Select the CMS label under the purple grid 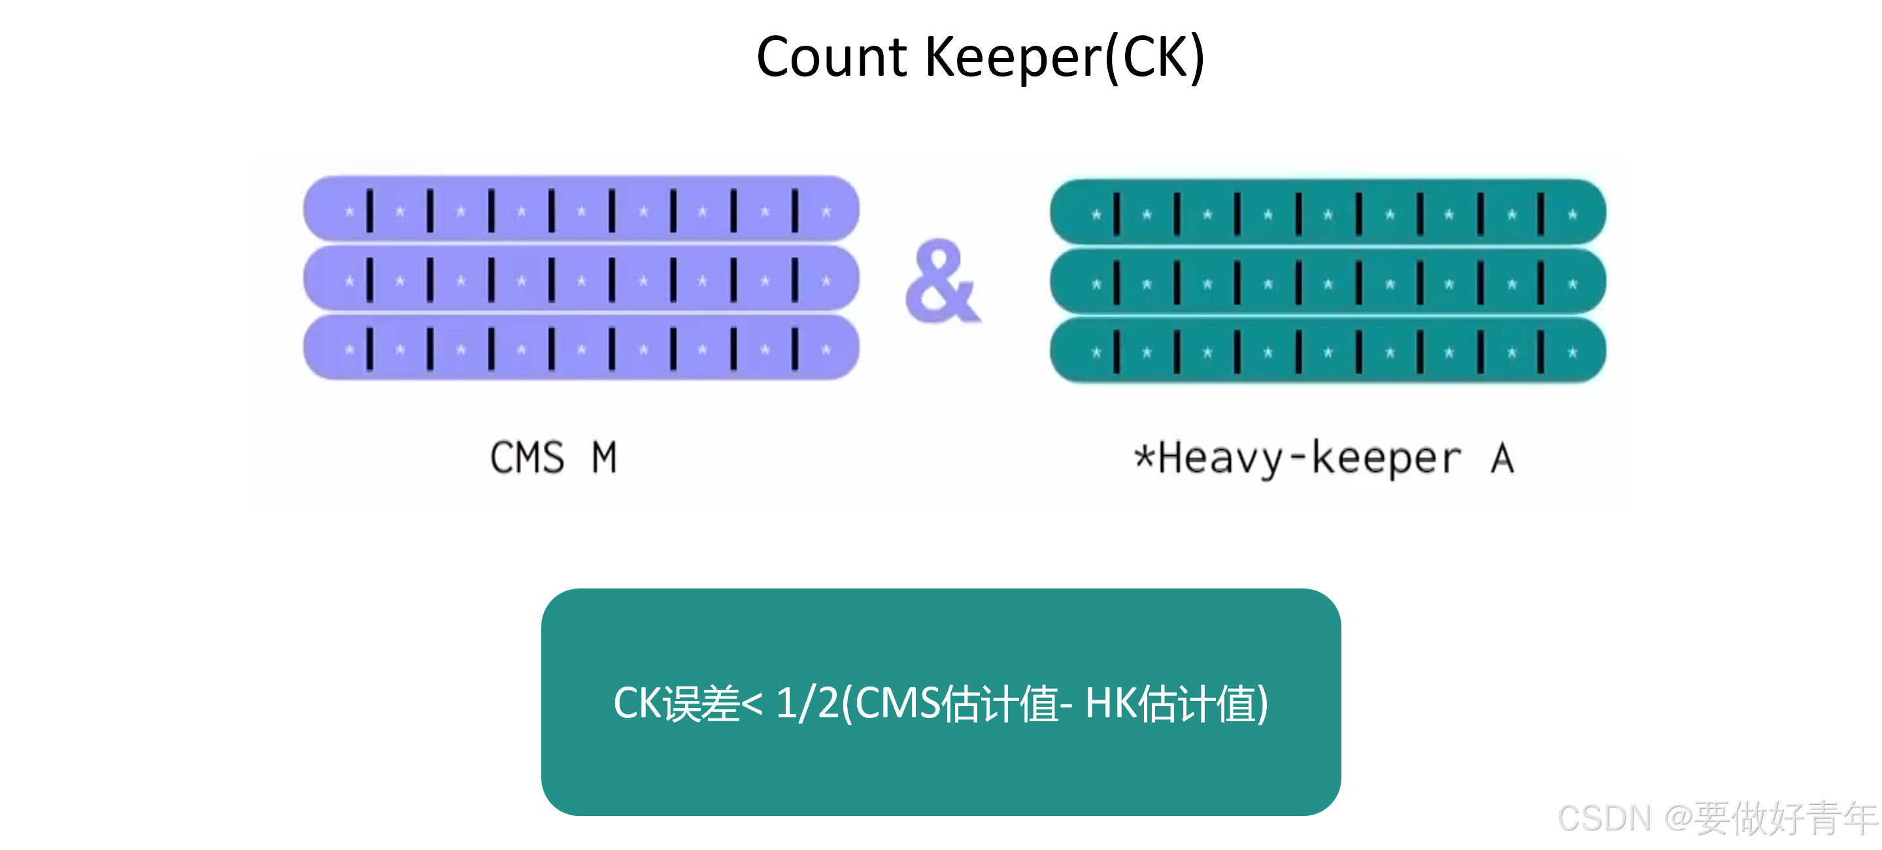click(527, 458)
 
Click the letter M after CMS click(604, 458)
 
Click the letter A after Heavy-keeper click(1502, 458)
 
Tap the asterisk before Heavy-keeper click(1143, 456)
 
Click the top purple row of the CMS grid click(581, 211)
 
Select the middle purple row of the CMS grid click(581, 280)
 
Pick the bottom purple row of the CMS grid click(581, 348)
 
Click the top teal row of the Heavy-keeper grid click(1328, 213)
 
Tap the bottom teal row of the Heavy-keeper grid click(1328, 352)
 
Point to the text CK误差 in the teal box click(676, 703)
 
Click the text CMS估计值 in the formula click(957, 703)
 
